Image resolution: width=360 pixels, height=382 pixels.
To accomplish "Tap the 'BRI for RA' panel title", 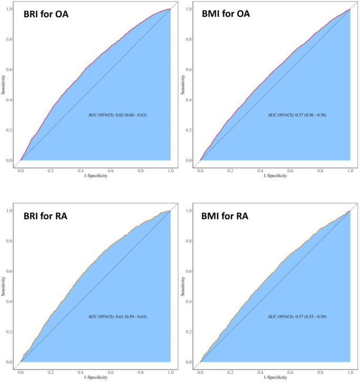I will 46,216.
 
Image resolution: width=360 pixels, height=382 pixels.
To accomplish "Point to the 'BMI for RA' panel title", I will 225,216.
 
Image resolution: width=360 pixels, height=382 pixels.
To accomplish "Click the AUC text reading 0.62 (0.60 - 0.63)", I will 117,115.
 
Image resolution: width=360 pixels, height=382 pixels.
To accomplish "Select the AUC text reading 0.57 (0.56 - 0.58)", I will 296,115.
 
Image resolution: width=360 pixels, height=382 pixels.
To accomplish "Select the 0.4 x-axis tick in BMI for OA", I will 260,171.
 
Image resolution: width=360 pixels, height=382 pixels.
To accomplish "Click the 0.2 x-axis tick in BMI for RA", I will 230,373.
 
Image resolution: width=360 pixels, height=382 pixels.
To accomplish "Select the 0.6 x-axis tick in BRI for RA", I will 111,373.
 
